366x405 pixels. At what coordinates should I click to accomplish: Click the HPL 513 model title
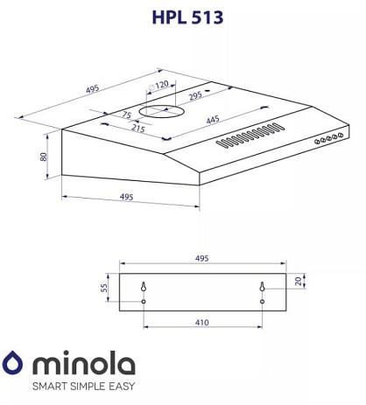click(187, 17)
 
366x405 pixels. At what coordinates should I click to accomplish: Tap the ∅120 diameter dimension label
click(158, 86)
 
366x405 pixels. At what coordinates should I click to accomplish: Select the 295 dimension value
click(195, 95)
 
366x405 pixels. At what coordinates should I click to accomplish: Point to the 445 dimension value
click(213, 120)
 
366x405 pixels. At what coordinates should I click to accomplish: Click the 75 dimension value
click(126, 115)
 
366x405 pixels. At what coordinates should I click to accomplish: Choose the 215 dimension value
click(138, 128)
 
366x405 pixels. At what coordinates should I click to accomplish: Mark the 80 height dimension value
click(44, 157)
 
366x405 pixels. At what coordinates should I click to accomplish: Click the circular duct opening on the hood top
click(161, 112)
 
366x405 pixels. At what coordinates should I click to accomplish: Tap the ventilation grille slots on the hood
click(250, 135)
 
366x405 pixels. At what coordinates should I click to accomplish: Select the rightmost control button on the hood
click(340, 135)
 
